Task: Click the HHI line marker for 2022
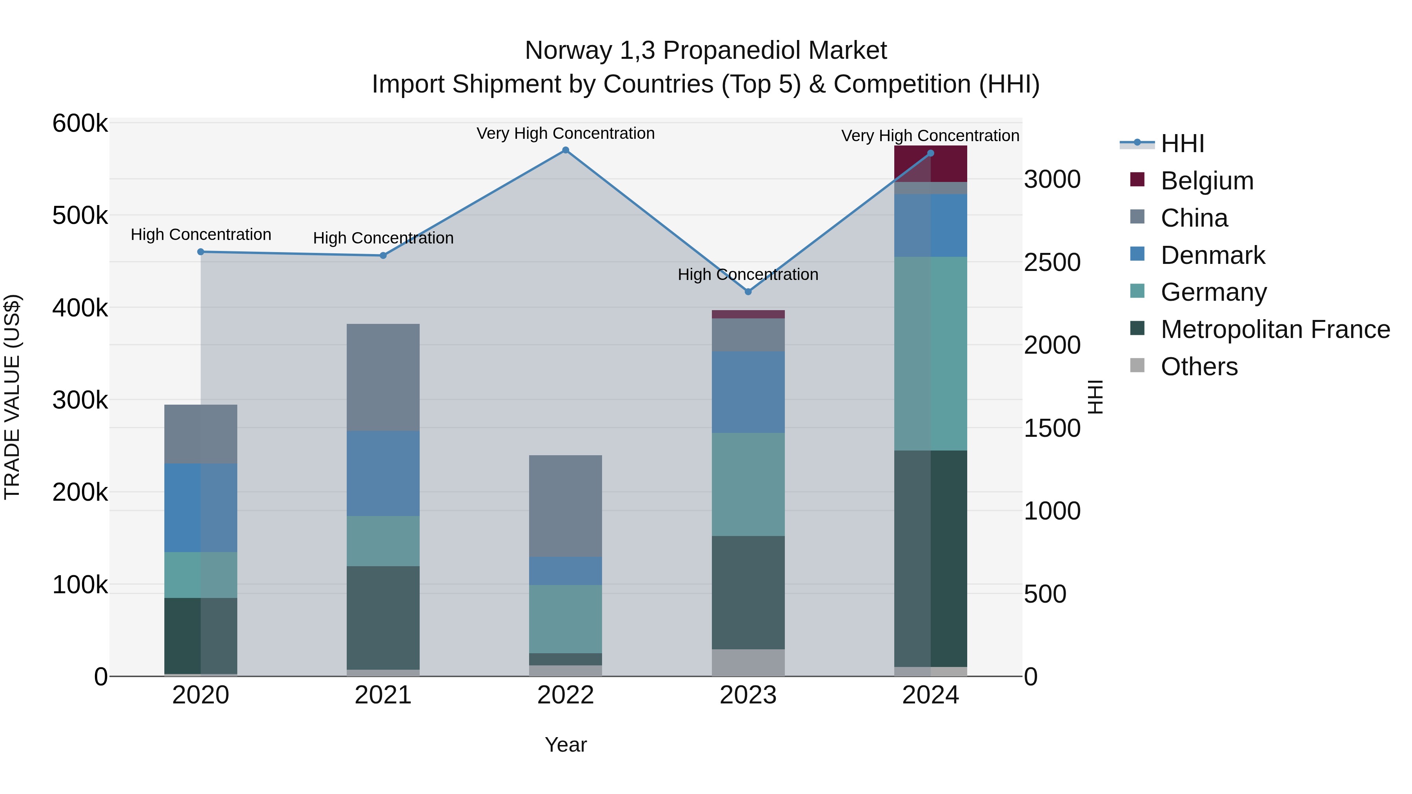point(565,150)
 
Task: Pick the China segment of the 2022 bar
point(565,505)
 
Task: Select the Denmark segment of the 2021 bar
point(383,473)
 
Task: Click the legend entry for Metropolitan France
point(1275,329)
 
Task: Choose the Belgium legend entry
point(1206,181)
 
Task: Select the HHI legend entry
point(1182,144)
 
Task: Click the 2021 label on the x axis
point(383,695)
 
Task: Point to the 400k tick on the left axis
point(80,308)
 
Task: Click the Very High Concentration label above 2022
point(565,134)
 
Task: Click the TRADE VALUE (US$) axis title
point(12,397)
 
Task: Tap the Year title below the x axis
point(565,745)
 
